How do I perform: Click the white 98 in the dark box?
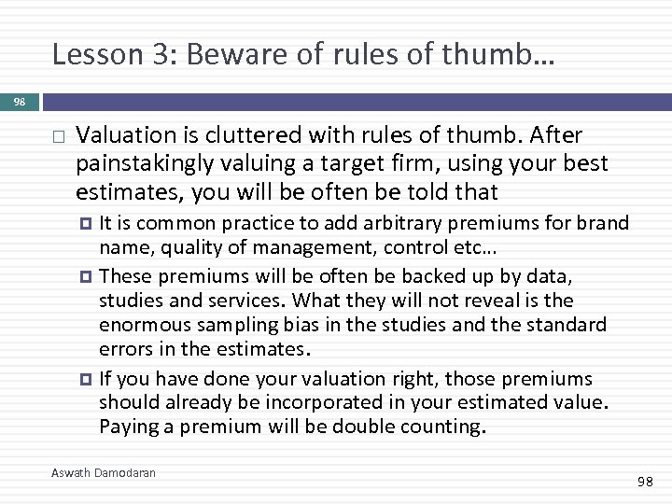point(21,101)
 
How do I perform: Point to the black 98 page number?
point(645,482)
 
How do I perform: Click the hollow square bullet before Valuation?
point(58,137)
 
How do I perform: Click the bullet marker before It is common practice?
point(89,224)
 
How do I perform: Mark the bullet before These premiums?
point(89,276)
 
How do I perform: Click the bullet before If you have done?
point(89,380)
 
